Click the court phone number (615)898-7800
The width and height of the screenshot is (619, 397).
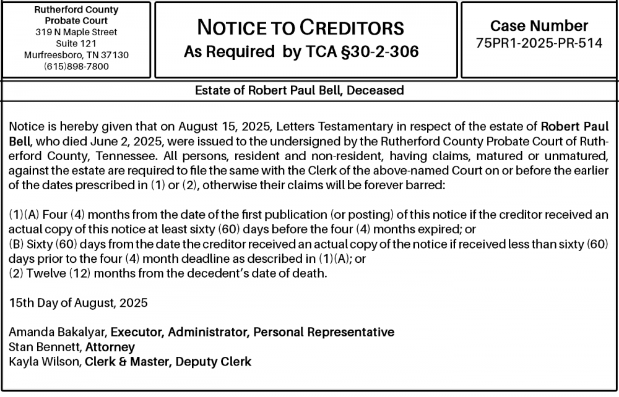[x=76, y=67]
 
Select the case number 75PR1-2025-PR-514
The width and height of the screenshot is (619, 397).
[x=539, y=43]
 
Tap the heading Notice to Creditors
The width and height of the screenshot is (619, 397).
[x=300, y=28]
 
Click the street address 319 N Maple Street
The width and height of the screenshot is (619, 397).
[x=76, y=32]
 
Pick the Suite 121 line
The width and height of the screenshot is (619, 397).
[x=76, y=43]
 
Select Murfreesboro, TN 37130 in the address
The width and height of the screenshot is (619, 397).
[x=76, y=55]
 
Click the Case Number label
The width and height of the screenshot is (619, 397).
[x=539, y=26]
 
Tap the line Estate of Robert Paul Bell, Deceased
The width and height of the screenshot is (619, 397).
[x=300, y=90]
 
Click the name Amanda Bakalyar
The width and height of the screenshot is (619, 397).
[x=58, y=333]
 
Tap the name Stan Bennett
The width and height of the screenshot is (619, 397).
[x=45, y=347]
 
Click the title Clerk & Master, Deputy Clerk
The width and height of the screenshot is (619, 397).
[x=168, y=361]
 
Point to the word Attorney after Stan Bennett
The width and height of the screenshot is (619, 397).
[x=110, y=347]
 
